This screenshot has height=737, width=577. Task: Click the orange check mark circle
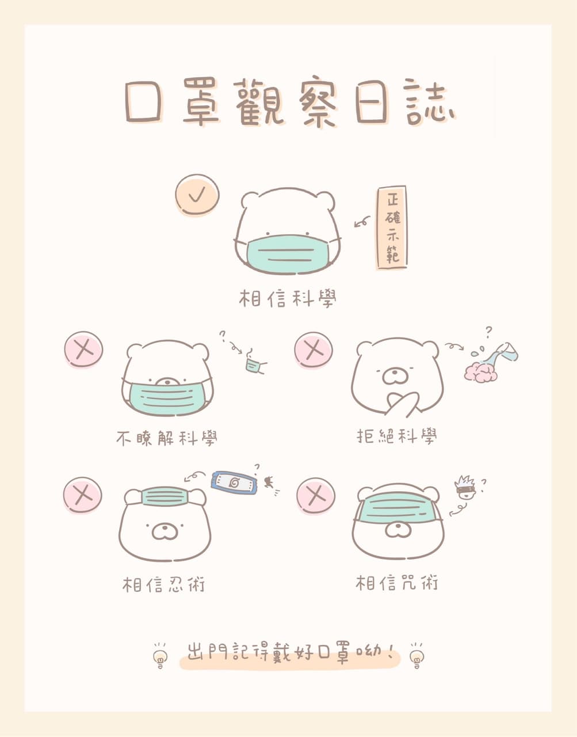tap(197, 195)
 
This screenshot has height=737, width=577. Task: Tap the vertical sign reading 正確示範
tap(392, 227)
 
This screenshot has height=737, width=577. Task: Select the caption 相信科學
tap(288, 298)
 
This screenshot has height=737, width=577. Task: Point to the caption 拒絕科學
tap(397, 436)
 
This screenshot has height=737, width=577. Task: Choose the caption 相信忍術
tap(163, 584)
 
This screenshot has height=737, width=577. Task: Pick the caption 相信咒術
tap(397, 583)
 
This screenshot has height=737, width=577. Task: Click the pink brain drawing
tap(480, 372)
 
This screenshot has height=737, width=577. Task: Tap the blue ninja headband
tap(234, 483)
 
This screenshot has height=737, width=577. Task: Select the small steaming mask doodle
tap(255, 363)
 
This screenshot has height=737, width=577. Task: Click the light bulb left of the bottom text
tap(160, 657)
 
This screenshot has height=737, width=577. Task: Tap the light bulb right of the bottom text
tap(416, 657)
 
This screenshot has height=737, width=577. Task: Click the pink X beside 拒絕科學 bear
tap(314, 350)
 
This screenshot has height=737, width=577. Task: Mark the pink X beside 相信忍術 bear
tap(82, 496)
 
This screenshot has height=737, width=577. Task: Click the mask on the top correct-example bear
tap(287, 254)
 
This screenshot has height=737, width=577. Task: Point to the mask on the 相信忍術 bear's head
tap(165, 496)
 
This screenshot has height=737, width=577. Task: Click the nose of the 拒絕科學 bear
tap(395, 373)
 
